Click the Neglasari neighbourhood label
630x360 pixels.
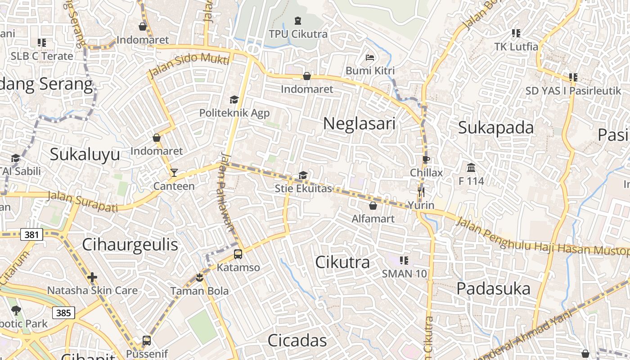(x=359, y=123)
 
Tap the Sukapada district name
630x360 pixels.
(x=496, y=128)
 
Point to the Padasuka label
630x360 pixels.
(x=493, y=289)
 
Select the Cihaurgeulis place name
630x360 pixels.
(x=130, y=245)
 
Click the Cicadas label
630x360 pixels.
(x=297, y=341)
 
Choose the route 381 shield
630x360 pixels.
(x=31, y=234)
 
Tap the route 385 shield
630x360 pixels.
(x=63, y=312)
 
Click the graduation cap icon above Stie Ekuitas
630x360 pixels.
(x=303, y=175)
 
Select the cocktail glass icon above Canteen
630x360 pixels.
(x=174, y=173)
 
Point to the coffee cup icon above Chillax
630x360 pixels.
(x=426, y=159)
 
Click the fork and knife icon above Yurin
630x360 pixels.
(x=421, y=192)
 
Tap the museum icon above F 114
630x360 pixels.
(x=471, y=168)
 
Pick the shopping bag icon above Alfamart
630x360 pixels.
(x=373, y=206)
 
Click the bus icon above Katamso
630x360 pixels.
(x=238, y=254)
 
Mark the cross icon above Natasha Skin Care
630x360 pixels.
(x=92, y=277)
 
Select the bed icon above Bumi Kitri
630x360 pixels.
(x=370, y=58)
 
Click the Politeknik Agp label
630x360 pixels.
(x=234, y=112)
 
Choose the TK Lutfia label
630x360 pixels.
(x=516, y=46)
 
